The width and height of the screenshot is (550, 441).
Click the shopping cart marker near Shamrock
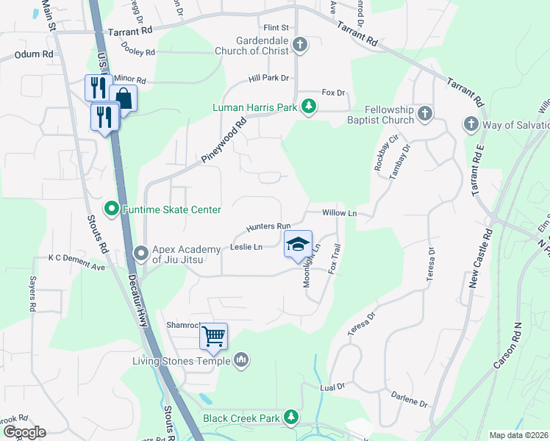point(214,337)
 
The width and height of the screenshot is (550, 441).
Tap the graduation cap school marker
point(298,244)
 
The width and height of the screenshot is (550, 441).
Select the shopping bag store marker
point(124,98)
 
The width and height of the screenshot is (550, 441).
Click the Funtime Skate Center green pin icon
point(111,209)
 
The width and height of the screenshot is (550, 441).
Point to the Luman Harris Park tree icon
point(310,107)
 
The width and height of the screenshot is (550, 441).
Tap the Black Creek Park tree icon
point(292,417)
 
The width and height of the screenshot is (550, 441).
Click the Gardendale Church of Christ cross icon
point(299,45)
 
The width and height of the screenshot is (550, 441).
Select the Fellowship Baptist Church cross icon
point(424,113)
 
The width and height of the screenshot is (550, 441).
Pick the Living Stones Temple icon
point(241,359)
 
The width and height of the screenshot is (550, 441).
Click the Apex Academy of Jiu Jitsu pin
point(140,254)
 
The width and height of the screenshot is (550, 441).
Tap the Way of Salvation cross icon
point(471,124)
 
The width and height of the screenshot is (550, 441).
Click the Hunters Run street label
point(269,227)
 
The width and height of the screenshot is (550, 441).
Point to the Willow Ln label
point(339,213)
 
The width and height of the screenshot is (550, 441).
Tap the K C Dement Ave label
point(76,258)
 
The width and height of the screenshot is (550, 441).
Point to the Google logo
point(24,431)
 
